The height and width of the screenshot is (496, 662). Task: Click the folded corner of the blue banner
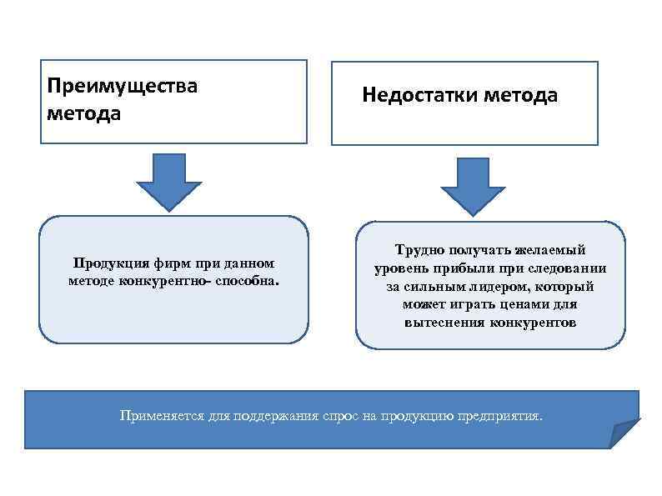point(624,434)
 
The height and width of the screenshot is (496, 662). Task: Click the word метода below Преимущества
point(83,113)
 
